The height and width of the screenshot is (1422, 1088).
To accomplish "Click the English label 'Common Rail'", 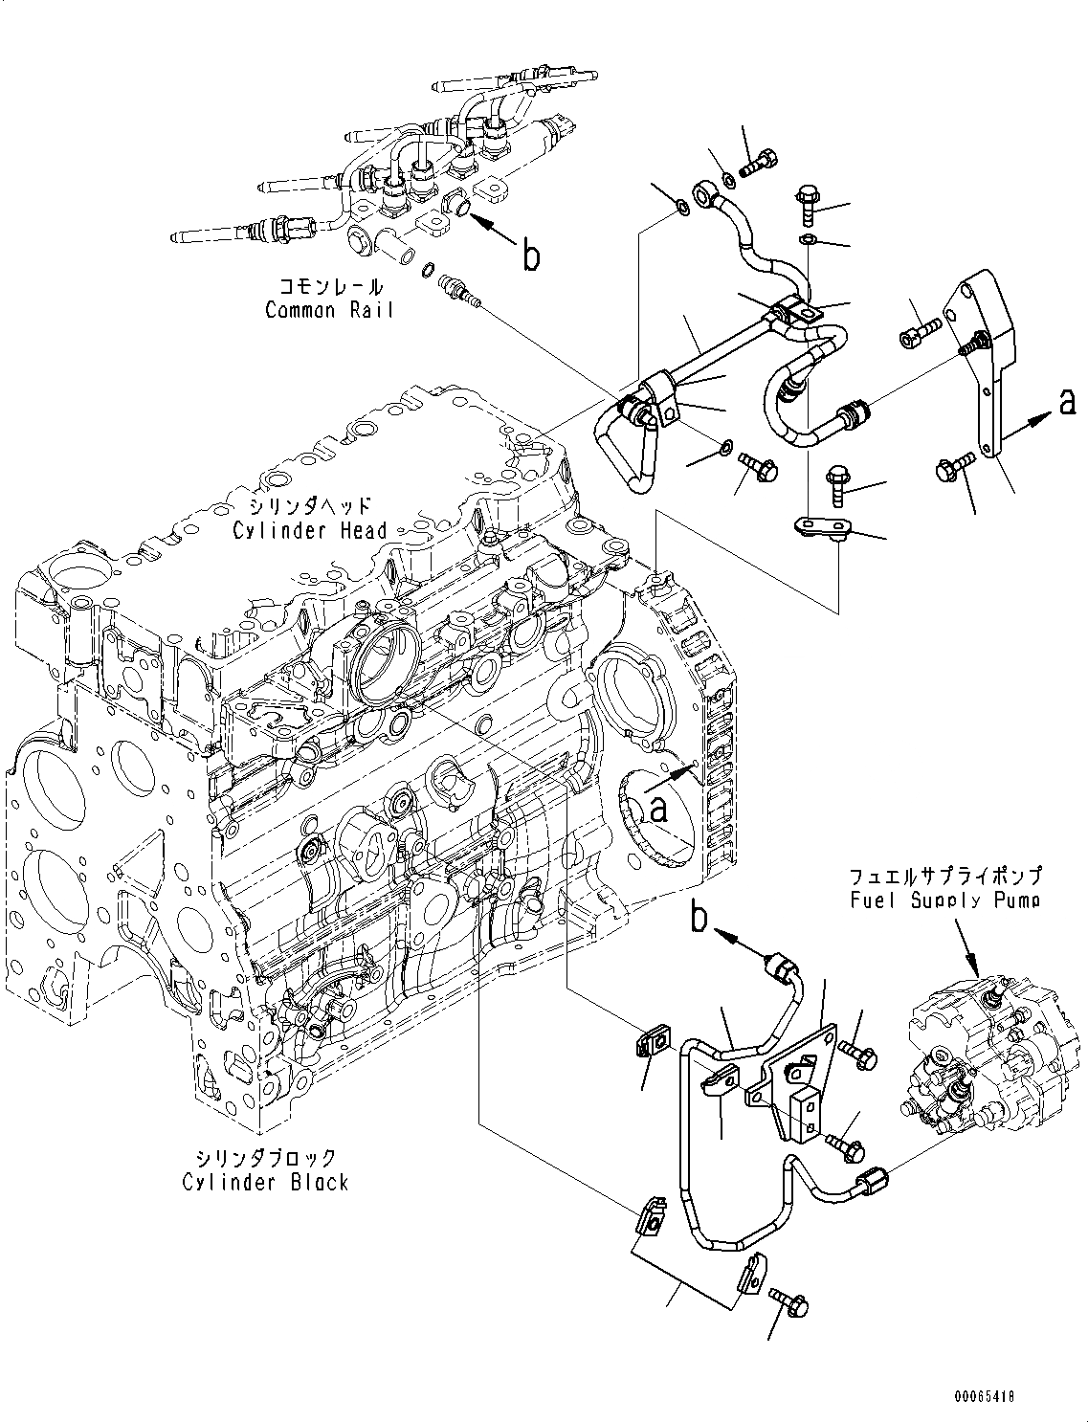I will click(328, 310).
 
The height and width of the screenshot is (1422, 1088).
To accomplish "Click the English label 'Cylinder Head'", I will click(309, 530).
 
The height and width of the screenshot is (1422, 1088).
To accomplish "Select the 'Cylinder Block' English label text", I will click(265, 1183).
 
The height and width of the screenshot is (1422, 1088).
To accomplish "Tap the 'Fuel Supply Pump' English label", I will click(944, 900).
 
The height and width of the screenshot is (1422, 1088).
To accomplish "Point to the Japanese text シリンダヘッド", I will click(305, 507).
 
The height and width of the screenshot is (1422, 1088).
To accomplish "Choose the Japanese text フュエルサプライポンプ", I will click(943, 876).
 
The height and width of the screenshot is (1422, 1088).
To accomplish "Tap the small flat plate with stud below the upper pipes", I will click(822, 526).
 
